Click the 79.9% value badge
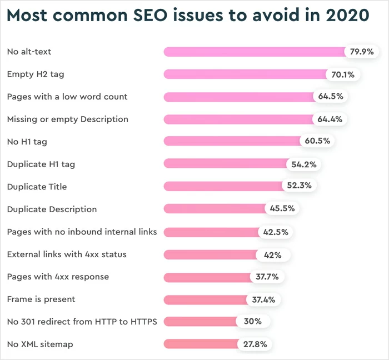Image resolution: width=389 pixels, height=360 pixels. (362, 52)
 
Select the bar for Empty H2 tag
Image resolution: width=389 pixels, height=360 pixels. (245, 74)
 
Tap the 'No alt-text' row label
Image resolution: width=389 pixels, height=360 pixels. (29, 52)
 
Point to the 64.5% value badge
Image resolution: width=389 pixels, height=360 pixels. (331, 97)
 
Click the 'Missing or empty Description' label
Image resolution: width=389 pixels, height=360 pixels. (67, 119)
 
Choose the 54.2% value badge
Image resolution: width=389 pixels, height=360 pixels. (303, 164)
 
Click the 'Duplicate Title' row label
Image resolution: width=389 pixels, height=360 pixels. (37, 187)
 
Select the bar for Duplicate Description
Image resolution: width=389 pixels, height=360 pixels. (215, 209)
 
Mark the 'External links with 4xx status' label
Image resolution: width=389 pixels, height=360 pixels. (67, 254)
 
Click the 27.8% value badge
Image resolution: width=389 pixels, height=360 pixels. (255, 344)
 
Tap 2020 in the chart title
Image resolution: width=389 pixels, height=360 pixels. (346, 16)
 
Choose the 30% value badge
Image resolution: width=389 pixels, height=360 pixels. (252, 322)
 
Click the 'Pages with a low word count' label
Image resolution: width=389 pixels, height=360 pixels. (67, 97)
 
